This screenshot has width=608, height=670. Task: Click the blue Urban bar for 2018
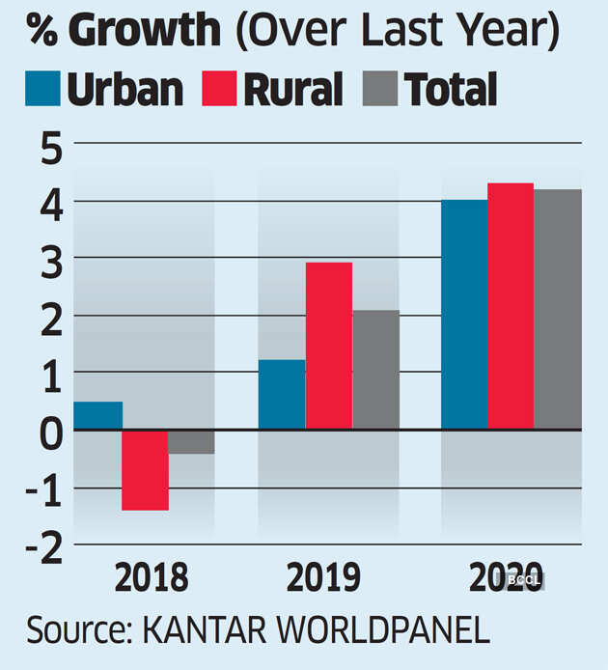[x=97, y=415]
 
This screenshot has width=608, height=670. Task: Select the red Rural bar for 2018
[x=145, y=470]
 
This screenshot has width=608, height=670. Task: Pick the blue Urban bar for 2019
[x=282, y=395]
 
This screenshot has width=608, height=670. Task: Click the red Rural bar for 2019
[x=328, y=346]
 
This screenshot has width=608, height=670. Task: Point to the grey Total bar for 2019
[x=375, y=370]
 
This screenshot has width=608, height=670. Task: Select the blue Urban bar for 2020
[x=464, y=315]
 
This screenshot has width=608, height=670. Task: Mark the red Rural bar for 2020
[x=511, y=306]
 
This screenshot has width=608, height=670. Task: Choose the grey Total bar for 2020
[x=558, y=310]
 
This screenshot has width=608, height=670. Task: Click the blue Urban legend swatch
[x=43, y=89]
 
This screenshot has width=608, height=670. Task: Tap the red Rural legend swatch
[x=220, y=89]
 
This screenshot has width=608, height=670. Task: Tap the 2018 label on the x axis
[x=152, y=579]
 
